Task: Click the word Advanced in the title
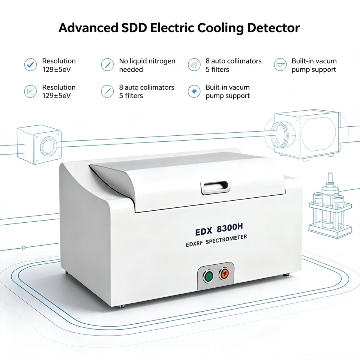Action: point(88,28)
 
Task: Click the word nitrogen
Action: point(162,61)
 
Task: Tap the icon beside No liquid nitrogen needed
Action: point(107,64)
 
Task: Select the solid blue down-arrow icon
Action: point(194,91)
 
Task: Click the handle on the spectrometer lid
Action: point(215,187)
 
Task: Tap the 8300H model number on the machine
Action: point(230,228)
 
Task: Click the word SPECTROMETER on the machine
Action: point(226,240)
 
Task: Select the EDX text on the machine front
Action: point(204,231)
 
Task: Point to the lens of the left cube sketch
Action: point(48,146)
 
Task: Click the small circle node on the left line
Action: point(23,248)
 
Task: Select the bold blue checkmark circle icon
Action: point(30,64)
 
